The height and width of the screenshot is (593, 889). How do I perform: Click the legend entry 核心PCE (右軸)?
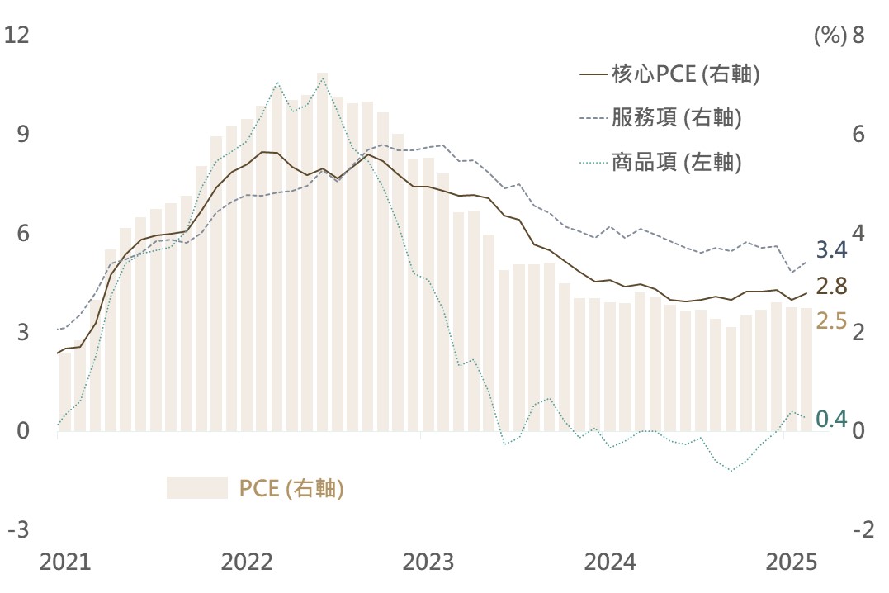[x=685, y=74]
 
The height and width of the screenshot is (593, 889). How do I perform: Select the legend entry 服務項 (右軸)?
[x=676, y=118]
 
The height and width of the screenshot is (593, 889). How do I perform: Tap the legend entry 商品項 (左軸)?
[x=676, y=162]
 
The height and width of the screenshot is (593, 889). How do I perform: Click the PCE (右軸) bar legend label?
[x=291, y=488]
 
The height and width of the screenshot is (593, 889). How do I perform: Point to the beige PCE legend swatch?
[x=196, y=488]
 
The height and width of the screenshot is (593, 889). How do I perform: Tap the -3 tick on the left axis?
[x=17, y=529]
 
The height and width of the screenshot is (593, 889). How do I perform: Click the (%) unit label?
[x=830, y=36]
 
